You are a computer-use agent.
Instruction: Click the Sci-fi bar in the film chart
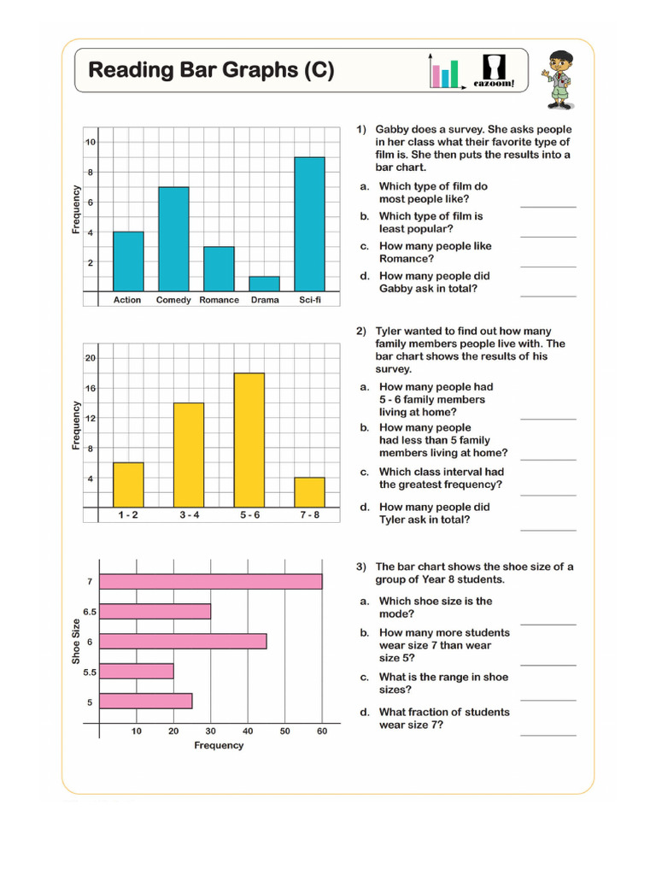[x=309, y=224]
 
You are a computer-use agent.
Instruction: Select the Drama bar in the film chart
[x=264, y=284]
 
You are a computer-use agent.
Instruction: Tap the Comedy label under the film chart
[x=173, y=301]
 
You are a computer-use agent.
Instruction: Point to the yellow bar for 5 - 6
[x=249, y=439]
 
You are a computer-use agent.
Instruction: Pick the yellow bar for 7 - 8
[x=309, y=492]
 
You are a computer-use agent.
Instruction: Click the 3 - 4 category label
[x=189, y=516]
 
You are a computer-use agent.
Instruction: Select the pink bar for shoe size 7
[x=211, y=582]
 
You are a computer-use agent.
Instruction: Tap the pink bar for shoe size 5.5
[x=137, y=671]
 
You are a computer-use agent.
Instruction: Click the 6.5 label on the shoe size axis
[x=88, y=612]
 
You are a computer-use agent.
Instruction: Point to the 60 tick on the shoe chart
[x=322, y=731]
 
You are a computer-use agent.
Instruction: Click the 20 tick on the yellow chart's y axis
[x=90, y=358]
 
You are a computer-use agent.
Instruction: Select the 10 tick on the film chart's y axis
[x=90, y=142]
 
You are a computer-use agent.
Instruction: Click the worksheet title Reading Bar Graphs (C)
[x=211, y=70]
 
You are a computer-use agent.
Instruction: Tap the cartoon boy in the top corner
[x=559, y=79]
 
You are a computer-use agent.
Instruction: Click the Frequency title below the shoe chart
[x=219, y=746]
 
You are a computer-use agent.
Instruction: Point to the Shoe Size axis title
[x=76, y=642]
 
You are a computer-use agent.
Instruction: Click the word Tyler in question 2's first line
[x=390, y=332]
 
